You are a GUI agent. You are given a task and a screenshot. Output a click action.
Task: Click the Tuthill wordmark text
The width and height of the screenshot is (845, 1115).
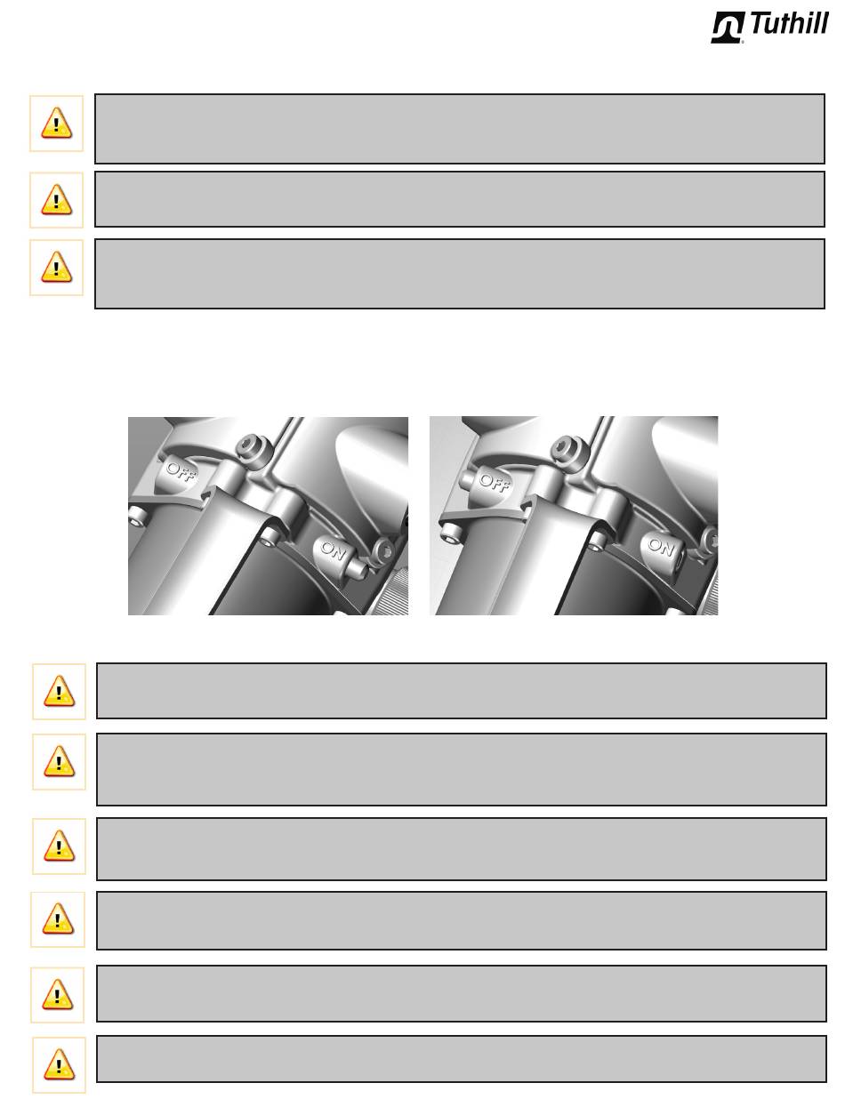coord(788,24)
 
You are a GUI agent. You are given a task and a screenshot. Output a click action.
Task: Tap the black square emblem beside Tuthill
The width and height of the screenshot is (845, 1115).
coord(728,28)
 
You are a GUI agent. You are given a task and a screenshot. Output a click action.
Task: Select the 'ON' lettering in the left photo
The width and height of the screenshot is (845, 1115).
coord(333,550)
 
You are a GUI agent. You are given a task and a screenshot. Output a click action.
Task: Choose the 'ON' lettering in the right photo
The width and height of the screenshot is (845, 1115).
coord(661,546)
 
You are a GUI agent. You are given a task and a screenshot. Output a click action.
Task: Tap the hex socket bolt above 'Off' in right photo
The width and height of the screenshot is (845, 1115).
coord(565,448)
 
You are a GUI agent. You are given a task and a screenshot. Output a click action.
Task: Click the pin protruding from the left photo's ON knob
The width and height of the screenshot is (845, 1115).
coord(358,567)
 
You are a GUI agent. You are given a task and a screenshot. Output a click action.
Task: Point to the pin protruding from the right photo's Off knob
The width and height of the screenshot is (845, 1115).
coord(469,477)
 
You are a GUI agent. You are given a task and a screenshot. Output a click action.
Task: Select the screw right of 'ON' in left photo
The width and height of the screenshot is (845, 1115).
coord(383,550)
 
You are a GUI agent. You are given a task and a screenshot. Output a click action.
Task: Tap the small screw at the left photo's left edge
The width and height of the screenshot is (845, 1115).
coord(137,515)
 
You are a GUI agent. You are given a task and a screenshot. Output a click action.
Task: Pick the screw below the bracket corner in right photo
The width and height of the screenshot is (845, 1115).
coord(449,532)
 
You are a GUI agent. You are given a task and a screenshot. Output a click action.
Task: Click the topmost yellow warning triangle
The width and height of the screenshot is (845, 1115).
coord(56,123)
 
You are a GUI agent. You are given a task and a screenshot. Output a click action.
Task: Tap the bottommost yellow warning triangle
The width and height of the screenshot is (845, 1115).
coord(59,1063)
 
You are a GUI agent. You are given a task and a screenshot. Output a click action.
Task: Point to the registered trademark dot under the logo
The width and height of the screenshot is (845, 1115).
coord(743,42)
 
